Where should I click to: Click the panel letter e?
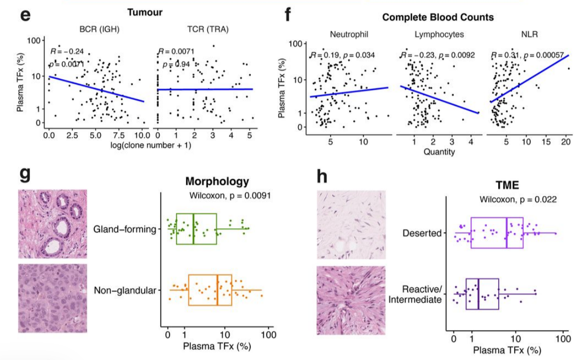point(25,13)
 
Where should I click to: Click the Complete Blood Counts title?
point(438,17)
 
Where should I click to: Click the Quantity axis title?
point(439,152)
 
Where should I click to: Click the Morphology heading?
point(217,181)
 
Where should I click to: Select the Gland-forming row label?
point(124,229)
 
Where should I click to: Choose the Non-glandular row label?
point(124,290)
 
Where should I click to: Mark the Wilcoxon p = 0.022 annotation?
point(518,199)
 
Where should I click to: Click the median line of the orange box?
point(217,290)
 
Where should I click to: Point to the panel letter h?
point(323,178)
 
